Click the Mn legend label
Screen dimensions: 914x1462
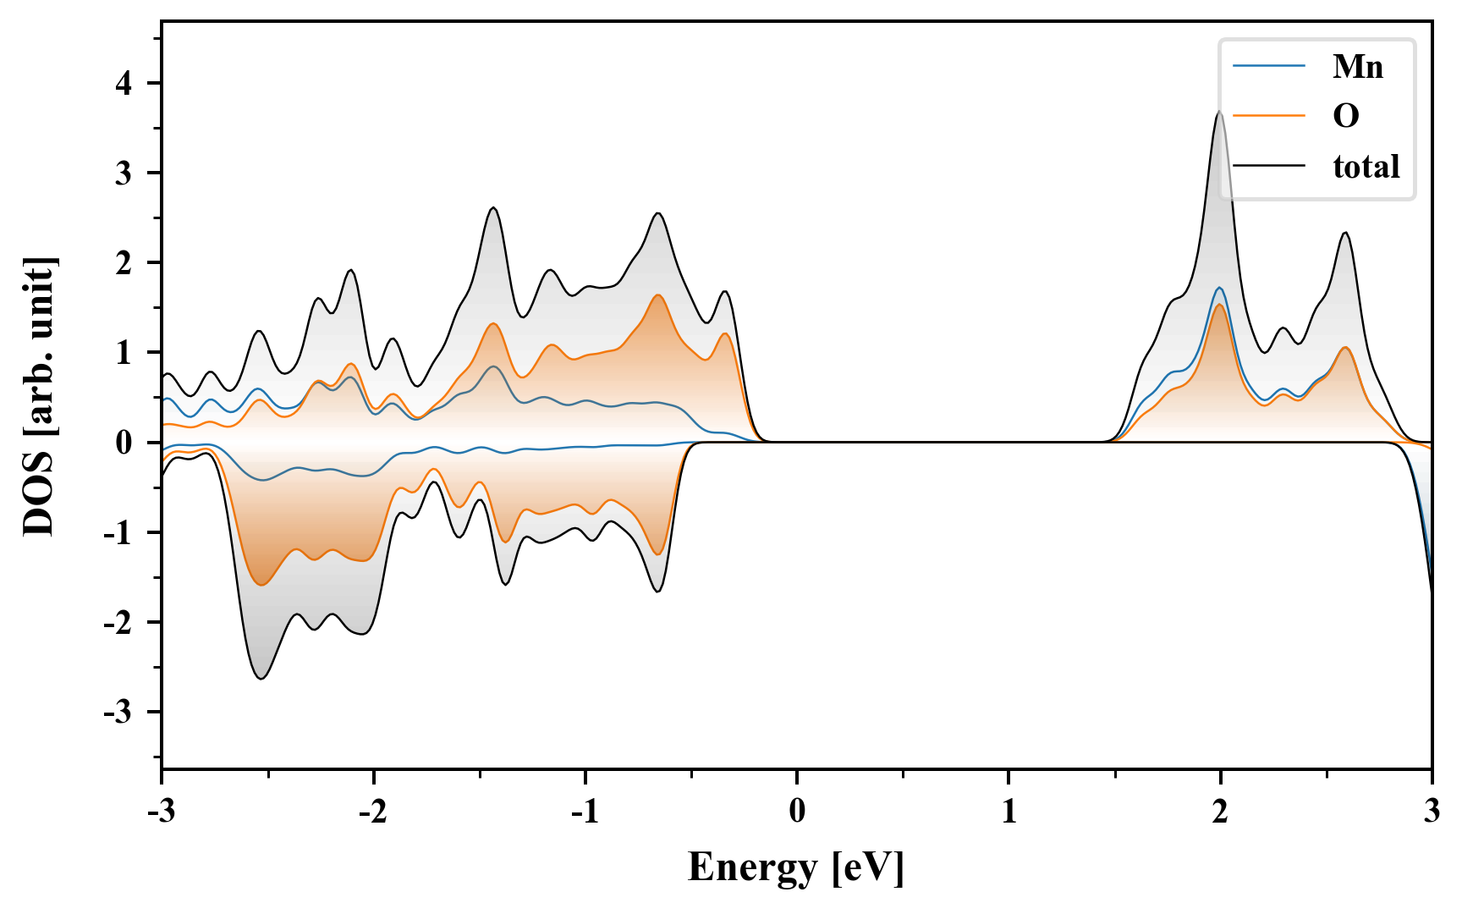tap(1357, 66)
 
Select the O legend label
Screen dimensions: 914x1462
tap(1345, 116)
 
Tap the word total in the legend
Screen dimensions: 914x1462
tap(1366, 167)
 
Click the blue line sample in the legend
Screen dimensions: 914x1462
tap(1269, 66)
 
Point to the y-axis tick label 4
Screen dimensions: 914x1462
tap(125, 83)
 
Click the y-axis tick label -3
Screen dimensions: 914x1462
tap(119, 713)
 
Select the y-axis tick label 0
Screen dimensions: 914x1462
tap(125, 443)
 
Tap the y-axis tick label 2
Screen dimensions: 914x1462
tap(125, 263)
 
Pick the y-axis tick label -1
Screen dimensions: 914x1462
tap(119, 533)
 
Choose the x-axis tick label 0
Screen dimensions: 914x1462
tap(797, 812)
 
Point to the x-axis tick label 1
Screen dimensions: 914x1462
tap(1009, 812)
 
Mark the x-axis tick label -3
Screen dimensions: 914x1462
tap(161, 812)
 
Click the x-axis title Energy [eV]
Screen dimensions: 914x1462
tap(796, 867)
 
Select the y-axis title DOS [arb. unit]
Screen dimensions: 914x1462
tap(39, 396)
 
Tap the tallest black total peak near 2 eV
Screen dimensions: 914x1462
tap(1219, 112)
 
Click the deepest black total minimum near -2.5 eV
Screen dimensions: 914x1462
tap(261, 678)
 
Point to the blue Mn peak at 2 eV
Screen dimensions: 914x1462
tap(1219, 288)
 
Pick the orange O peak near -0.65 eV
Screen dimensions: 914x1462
tap(658, 295)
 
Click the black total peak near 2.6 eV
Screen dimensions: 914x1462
tap(1345, 233)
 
